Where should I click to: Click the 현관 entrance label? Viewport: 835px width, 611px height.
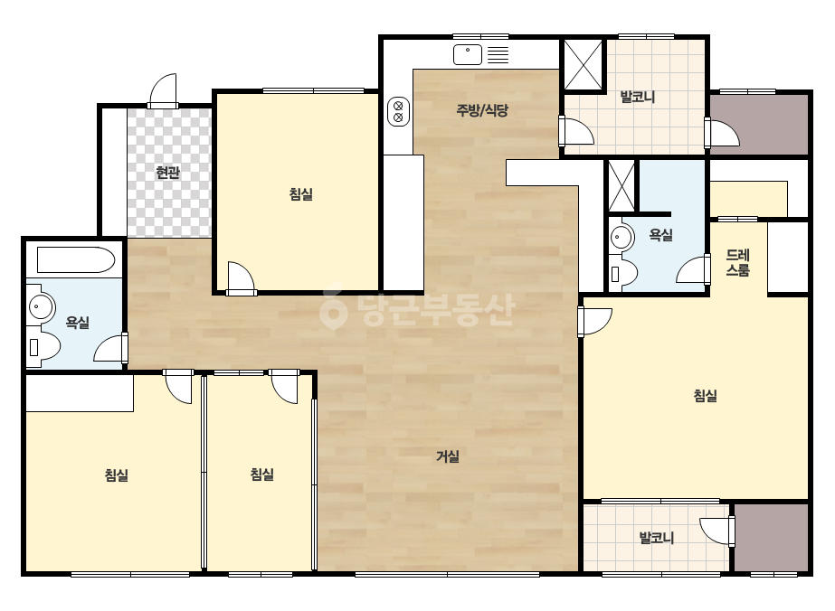coord(167,173)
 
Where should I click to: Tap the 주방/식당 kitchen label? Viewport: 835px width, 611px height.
coord(482,110)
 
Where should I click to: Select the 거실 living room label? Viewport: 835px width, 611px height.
coord(448,456)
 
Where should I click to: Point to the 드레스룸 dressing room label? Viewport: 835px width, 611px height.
coord(738,262)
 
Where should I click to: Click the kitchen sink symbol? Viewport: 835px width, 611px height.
coord(468,54)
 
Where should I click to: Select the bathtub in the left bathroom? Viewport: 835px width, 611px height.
coord(76,259)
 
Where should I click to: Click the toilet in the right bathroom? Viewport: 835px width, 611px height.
coord(623,272)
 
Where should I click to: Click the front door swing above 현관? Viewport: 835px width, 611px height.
coord(163,90)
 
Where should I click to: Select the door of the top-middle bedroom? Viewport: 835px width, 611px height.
coord(241,277)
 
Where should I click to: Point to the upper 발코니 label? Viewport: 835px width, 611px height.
coord(638,97)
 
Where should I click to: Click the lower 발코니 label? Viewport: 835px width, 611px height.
coord(657,538)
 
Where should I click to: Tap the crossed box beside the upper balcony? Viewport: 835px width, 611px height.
coord(584,64)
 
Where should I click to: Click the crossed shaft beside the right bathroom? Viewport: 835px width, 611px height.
coord(622,186)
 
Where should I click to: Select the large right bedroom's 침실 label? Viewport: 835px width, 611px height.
coord(705,396)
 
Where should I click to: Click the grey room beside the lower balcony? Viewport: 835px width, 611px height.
coord(772,538)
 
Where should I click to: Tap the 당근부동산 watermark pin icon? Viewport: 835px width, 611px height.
coord(333,309)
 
